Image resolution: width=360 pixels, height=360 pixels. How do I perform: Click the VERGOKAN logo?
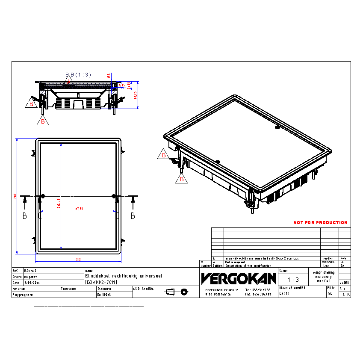[239, 279]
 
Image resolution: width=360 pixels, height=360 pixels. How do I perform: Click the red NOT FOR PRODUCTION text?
[320, 223]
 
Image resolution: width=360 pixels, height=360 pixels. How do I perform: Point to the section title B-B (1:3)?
[78, 74]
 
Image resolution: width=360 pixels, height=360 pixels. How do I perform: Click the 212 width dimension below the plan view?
[78, 260]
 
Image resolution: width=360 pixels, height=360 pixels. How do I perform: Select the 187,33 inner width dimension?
[78, 209]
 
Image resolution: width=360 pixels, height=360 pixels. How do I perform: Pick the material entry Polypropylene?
[23, 295]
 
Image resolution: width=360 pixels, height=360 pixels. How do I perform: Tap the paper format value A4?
[330, 294]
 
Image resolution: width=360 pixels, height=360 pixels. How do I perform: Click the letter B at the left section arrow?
[24, 216]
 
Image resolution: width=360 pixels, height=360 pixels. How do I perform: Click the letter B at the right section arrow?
[133, 216]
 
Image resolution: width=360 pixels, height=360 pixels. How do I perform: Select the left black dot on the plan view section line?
[42, 196]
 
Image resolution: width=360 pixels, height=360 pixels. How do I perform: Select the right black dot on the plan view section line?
[113, 196]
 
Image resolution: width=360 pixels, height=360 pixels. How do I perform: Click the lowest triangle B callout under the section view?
[43, 121]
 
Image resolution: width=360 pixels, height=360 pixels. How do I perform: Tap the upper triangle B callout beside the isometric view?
[164, 155]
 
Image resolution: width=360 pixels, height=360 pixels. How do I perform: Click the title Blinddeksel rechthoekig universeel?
[124, 277]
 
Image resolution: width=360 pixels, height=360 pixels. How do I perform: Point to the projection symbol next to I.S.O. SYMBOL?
[177, 292]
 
